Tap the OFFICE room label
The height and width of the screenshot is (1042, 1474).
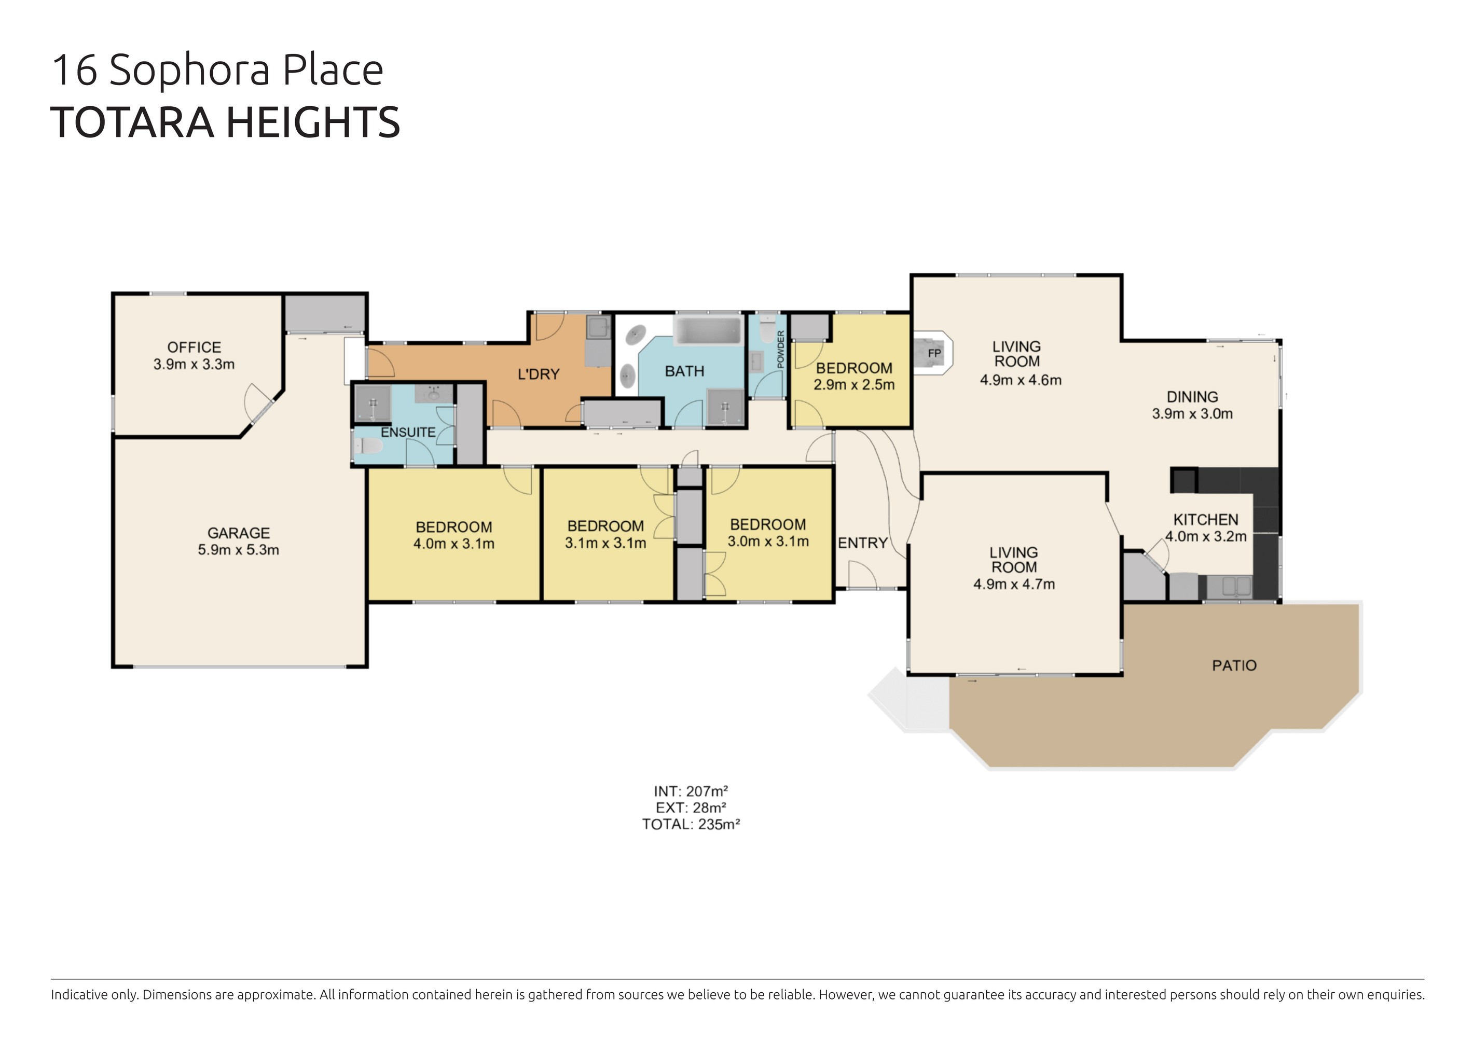pyautogui.click(x=194, y=347)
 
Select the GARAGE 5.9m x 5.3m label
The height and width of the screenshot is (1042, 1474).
pyautogui.click(x=238, y=541)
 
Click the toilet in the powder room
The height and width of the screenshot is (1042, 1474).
pyautogui.click(x=766, y=329)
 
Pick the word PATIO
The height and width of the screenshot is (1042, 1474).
pyautogui.click(x=1234, y=665)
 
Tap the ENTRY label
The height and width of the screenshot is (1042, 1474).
pyautogui.click(x=862, y=543)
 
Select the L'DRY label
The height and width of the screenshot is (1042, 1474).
pyautogui.click(x=539, y=374)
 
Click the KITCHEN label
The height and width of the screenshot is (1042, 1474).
pyautogui.click(x=1206, y=520)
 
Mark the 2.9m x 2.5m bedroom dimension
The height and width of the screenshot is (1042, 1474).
pyautogui.click(x=854, y=384)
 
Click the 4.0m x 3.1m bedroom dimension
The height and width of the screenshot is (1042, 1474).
pyautogui.click(x=454, y=544)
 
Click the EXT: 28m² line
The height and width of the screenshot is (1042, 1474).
pyautogui.click(x=691, y=807)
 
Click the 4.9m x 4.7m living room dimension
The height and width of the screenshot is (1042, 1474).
pyautogui.click(x=1014, y=584)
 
